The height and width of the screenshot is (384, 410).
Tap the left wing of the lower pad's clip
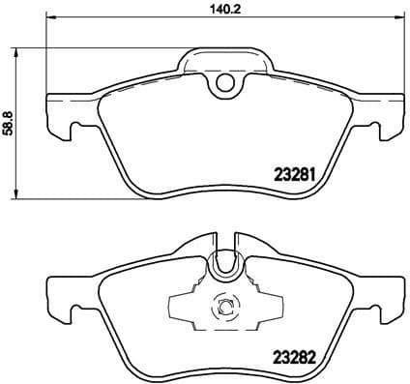(x=183, y=309)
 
